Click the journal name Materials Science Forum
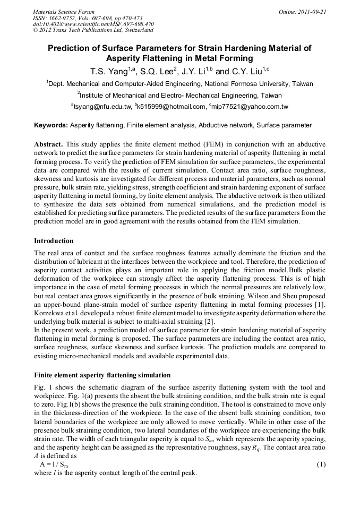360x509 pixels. (64, 11)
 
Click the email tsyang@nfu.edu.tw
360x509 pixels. (103, 107)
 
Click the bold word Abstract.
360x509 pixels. (49, 144)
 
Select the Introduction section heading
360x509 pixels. (53, 240)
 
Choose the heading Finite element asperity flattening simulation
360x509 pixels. (102, 375)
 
